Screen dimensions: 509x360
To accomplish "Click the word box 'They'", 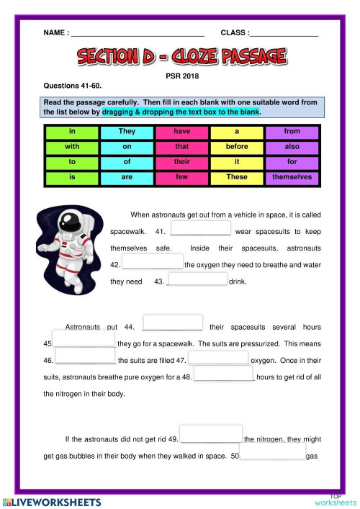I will (x=127, y=132).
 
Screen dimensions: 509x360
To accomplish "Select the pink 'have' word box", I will (x=181, y=132).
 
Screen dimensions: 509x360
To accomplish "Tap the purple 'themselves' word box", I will (x=292, y=176).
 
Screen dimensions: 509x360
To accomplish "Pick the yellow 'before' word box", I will (x=237, y=147).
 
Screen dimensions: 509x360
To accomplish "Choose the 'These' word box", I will (x=237, y=176).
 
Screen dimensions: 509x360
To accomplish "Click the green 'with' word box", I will (x=72, y=147).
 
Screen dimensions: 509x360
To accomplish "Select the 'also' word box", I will (x=292, y=147).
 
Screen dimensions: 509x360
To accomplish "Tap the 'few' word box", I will (x=181, y=176).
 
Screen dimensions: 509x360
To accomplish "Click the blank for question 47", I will (x=219, y=358).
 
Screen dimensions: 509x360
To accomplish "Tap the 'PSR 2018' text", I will (x=181, y=74).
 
